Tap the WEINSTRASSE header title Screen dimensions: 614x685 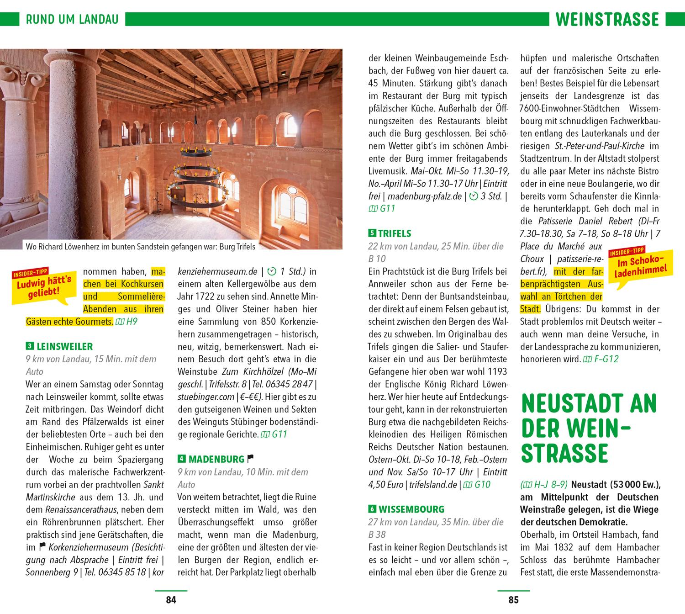pyautogui.click(x=607, y=19)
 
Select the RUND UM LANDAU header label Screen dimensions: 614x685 pyautogui.click(x=72, y=19)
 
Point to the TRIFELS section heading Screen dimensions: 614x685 pyautogui.click(x=395, y=233)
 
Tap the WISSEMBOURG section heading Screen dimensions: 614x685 pyautogui.click(x=411, y=509)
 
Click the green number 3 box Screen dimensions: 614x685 pyautogui.click(x=29, y=346)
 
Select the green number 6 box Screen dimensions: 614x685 pyautogui.click(x=372, y=509)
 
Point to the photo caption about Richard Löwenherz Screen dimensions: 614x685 pyautogui.click(x=140, y=247)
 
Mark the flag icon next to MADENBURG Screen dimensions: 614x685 pyautogui.click(x=250, y=458)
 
